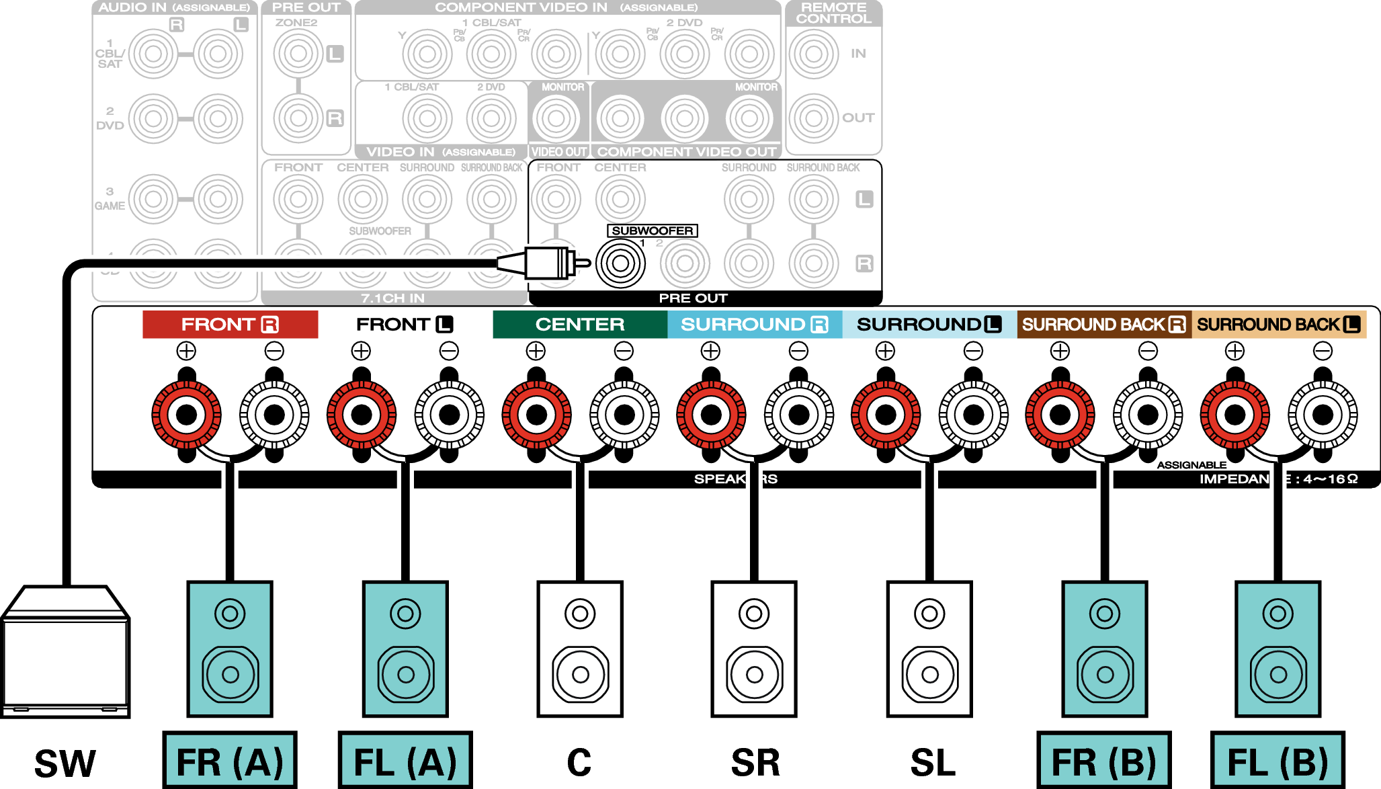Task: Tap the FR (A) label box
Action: click(230, 761)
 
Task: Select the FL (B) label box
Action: click(1278, 761)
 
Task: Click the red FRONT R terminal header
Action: click(230, 325)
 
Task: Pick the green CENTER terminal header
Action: click(579, 325)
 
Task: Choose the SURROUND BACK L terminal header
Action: click(1279, 325)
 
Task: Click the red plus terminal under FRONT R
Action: click(186, 415)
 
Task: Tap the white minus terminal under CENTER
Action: click(624, 415)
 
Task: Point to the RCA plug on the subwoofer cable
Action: click(548, 263)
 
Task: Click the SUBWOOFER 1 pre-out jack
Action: click(620, 263)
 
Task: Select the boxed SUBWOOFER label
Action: click(652, 231)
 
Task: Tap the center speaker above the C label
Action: click(580, 649)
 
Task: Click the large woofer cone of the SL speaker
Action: click(929, 674)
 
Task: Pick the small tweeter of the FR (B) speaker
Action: click(1104, 613)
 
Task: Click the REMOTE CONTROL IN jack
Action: click(813, 54)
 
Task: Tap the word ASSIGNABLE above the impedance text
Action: click(1191, 464)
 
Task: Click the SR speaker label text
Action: click(755, 763)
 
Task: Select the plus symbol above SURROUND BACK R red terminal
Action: click(1060, 351)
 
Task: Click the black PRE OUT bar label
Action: click(693, 298)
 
